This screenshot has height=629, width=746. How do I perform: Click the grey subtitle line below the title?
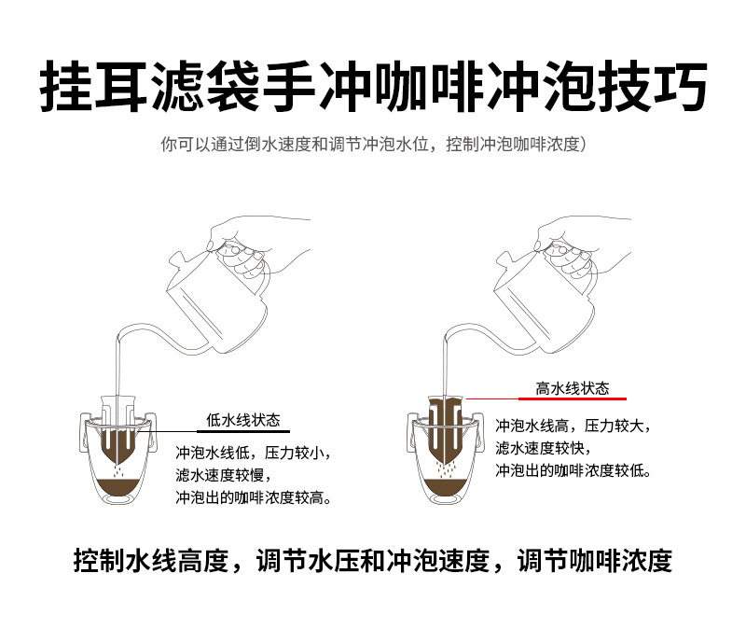(x=373, y=146)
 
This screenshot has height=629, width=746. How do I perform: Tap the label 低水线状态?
(x=242, y=419)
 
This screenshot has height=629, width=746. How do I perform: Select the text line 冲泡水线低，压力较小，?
(x=253, y=453)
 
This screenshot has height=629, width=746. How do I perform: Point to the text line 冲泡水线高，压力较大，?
(x=573, y=425)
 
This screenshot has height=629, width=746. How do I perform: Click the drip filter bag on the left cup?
(x=119, y=434)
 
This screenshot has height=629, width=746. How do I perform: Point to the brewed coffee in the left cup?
(x=117, y=489)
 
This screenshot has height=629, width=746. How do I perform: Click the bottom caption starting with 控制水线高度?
(x=373, y=561)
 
